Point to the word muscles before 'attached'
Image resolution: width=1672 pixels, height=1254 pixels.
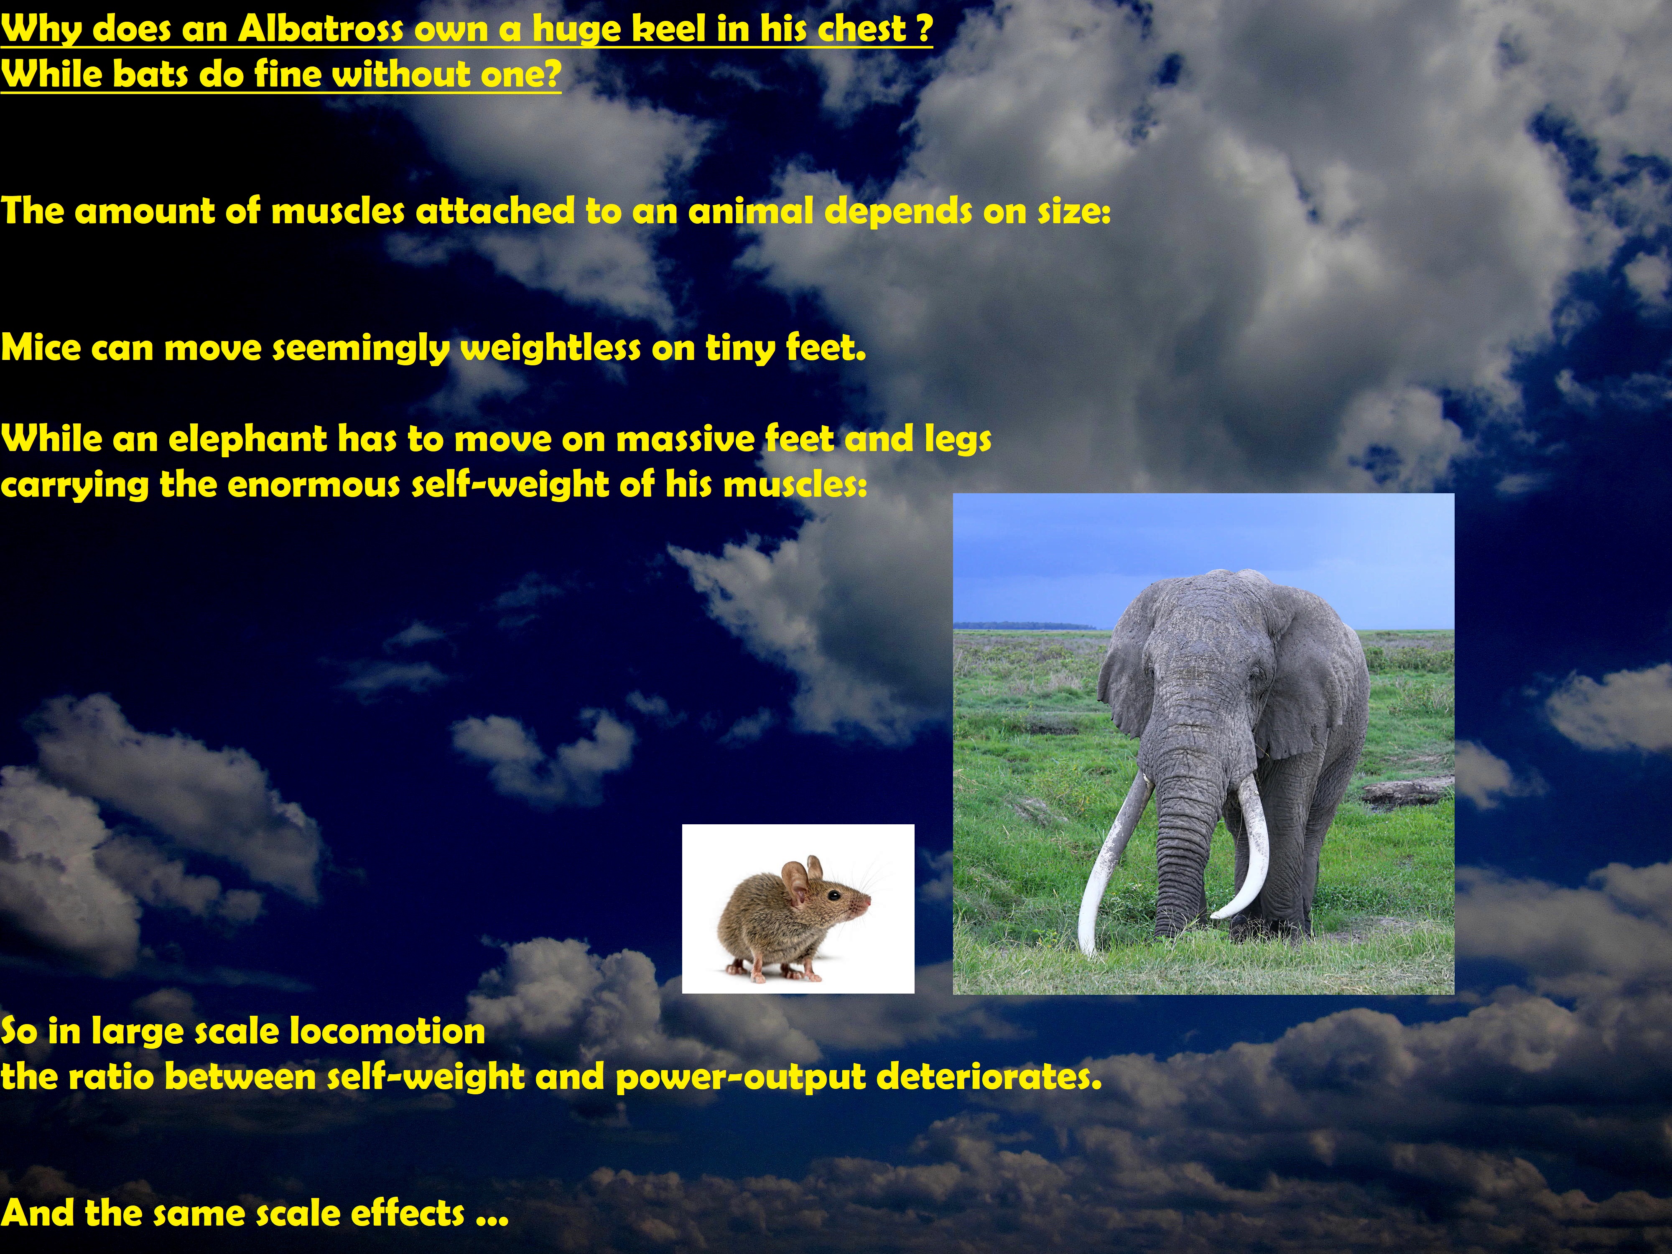(x=338, y=211)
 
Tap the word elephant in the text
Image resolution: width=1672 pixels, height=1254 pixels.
(x=247, y=439)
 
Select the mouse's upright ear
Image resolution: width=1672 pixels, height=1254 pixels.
(x=795, y=881)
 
